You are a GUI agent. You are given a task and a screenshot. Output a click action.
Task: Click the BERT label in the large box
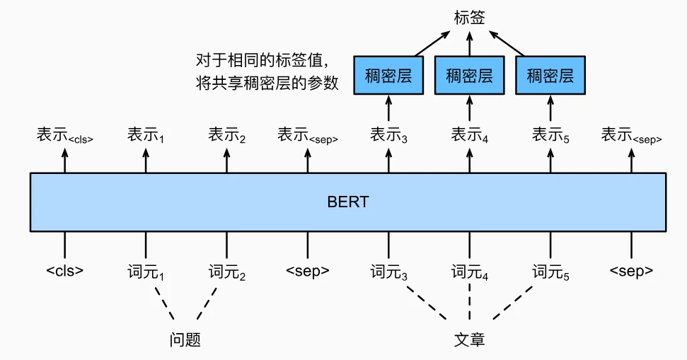347,202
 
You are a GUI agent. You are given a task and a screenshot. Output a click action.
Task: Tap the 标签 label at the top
469,17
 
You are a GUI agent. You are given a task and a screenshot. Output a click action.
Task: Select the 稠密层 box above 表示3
388,75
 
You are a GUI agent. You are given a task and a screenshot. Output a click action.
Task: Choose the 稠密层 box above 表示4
469,75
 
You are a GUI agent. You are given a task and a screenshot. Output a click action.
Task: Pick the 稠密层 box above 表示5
550,75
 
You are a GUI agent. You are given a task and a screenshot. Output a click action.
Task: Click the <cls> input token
64,271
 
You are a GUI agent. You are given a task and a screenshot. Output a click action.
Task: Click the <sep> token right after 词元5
631,271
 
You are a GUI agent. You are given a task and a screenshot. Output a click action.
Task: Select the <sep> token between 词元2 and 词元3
307,271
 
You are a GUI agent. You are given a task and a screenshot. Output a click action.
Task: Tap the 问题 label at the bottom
185,339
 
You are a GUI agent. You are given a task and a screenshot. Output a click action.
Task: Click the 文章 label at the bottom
469,339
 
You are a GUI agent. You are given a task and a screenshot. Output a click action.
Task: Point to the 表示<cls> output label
64,135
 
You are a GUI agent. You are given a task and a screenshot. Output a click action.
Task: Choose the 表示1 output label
146,135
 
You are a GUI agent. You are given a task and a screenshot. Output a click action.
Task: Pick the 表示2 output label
226,135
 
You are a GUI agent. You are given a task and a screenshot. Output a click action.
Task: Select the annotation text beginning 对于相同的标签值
267,71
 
